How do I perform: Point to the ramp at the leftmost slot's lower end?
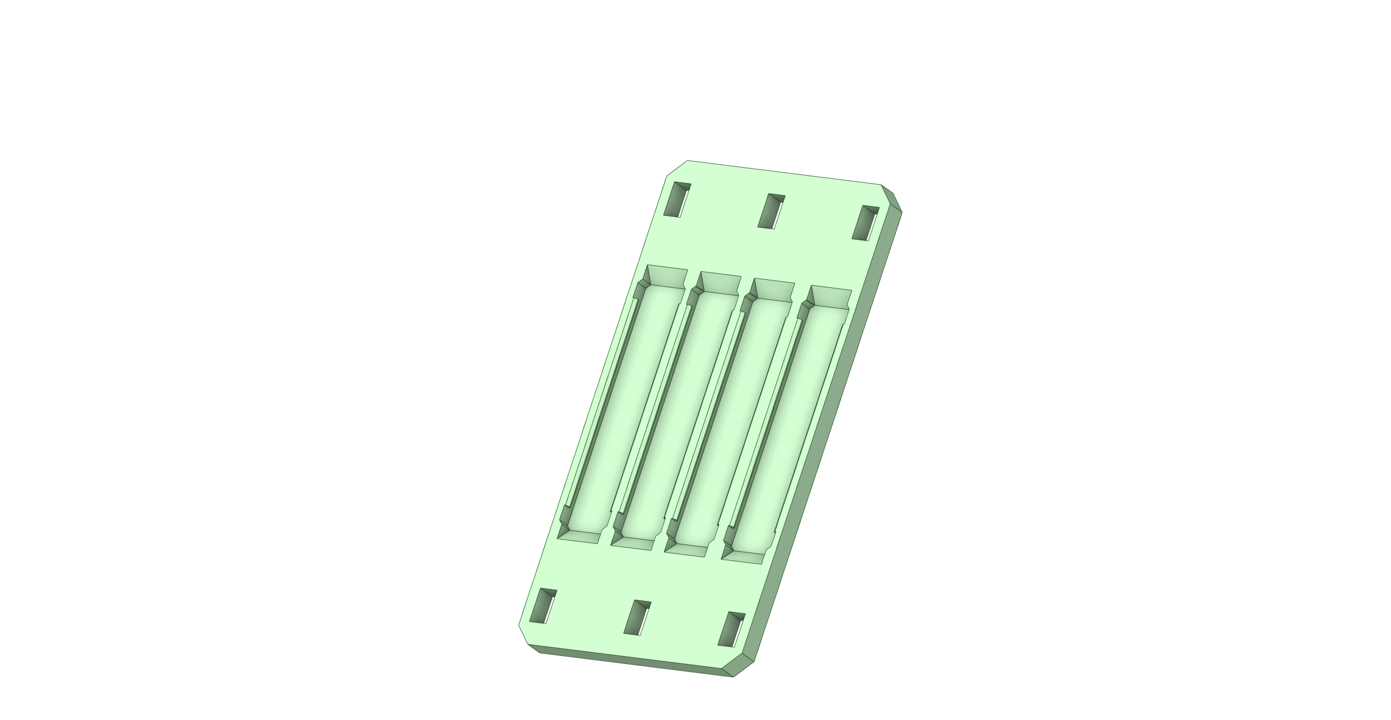[x=579, y=537]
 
